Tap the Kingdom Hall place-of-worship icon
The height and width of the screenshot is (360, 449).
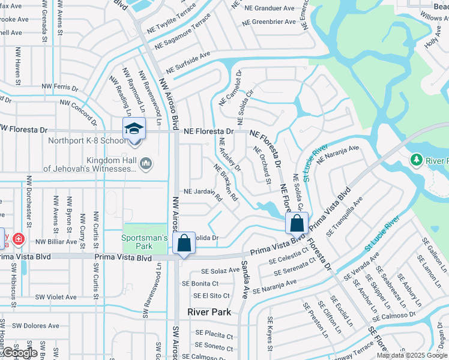coord(145,163)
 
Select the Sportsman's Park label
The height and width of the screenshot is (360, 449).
coord(145,242)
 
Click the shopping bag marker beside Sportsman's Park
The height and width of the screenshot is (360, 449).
coord(184,244)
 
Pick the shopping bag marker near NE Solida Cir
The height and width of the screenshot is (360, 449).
coord(297,224)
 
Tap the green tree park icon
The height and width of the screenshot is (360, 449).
coord(415,160)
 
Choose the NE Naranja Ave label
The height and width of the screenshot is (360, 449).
coord(338,154)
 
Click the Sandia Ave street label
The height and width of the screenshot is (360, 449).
coord(245,279)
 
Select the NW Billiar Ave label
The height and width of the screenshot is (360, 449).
coord(57,242)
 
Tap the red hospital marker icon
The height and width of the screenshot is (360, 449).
coord(19,239)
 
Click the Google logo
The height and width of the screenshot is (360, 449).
coord(19,353)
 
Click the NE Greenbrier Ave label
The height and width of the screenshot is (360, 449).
coord(270,22)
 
